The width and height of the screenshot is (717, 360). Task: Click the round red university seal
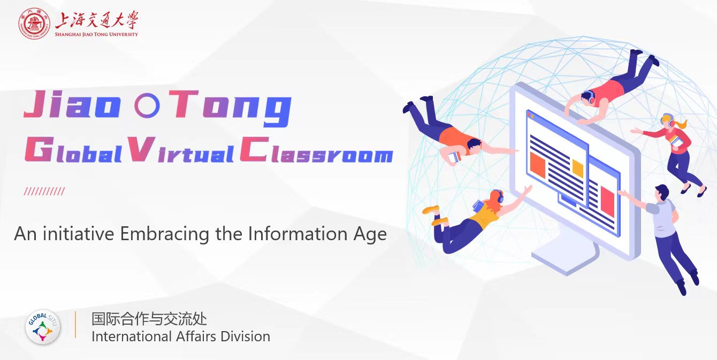(34, 24)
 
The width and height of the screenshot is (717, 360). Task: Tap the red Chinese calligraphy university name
(97, 20)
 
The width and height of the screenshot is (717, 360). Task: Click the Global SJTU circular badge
(43, 327)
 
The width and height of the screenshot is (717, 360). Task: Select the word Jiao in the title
(72, 104)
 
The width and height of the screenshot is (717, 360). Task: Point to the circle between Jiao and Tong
(147, 105)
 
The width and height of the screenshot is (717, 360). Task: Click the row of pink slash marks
(44, 192)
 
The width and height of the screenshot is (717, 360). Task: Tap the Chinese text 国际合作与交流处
(149, 319)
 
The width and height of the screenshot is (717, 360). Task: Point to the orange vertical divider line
(75, 325)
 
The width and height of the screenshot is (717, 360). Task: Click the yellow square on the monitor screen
(578, 168)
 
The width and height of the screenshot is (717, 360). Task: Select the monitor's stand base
(565, 258)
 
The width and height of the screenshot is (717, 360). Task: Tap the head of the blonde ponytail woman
(668, 121)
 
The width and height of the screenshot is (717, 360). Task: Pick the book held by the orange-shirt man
(454, 157)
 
